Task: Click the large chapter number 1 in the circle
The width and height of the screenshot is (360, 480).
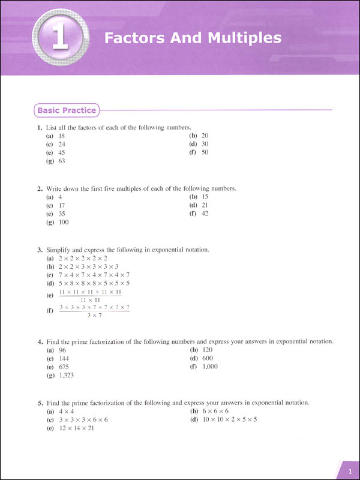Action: coord(59,38)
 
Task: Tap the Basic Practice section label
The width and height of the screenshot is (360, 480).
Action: coord(67,110)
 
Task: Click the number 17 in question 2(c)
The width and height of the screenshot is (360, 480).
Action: coord(62,205)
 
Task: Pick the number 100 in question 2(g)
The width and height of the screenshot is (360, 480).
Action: coord(64,222)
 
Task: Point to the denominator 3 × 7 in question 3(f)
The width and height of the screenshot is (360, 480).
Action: coord(94,315)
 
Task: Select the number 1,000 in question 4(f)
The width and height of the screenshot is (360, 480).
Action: coord(209,366)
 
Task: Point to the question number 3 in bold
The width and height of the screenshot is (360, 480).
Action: coord(38,249)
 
